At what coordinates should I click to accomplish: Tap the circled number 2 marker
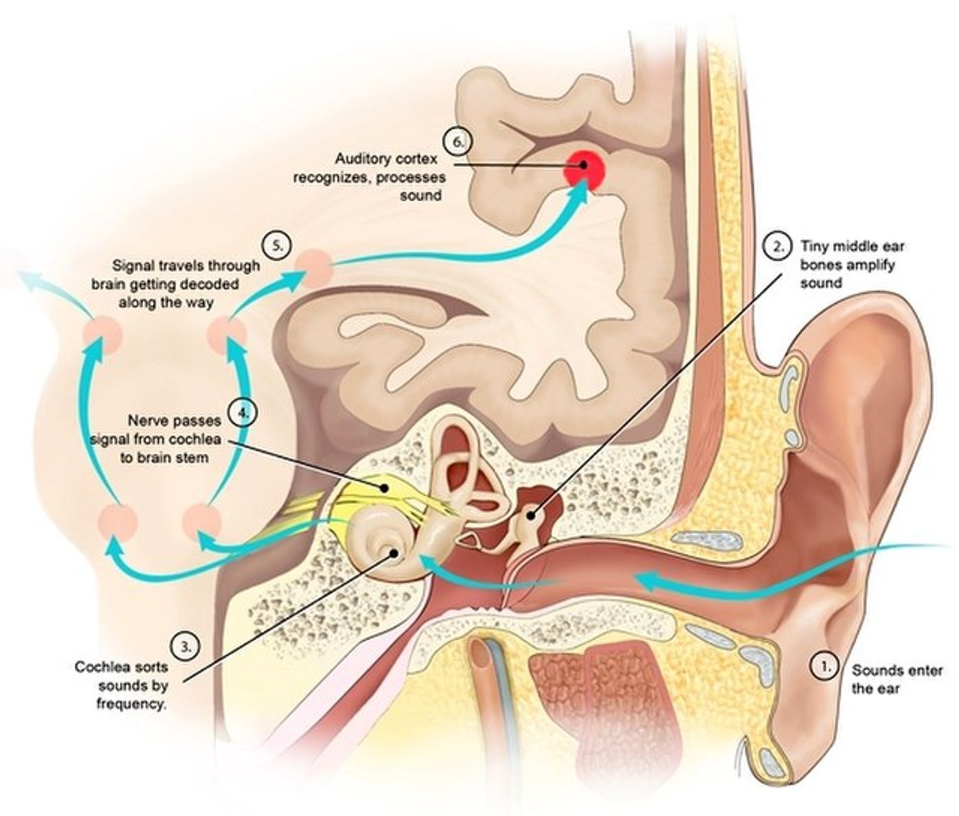pyautogui.click(x=777, y=246)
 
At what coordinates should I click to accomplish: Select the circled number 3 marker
pyautogui.click(x=185, y=646)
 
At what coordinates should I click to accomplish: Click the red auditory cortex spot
pyautogui.click(x=584, y=166)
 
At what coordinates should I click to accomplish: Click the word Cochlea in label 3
pyautogui.click(x=98, y=665)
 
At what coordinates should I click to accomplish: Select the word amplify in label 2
pyautogui.click(x=874, y=265)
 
